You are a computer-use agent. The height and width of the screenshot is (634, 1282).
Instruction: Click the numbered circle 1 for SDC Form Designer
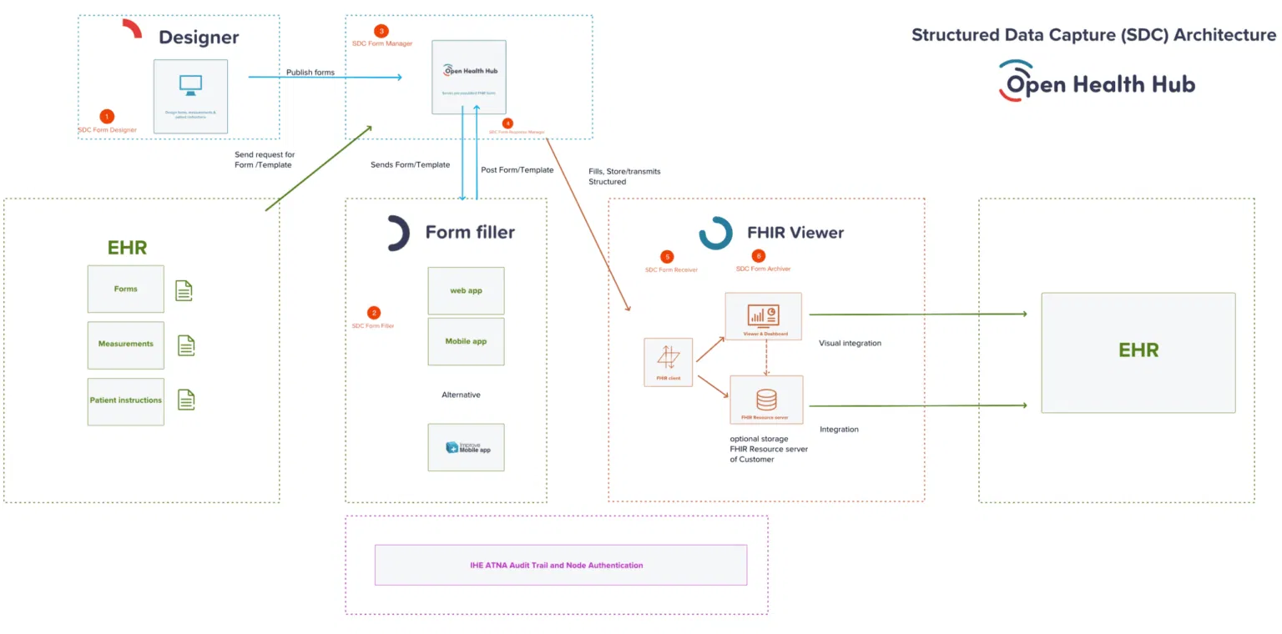pos(106,116)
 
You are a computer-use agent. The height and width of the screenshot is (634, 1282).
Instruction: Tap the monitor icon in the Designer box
pos(190,85)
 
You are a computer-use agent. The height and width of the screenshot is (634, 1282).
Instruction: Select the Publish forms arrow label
pos(310,73)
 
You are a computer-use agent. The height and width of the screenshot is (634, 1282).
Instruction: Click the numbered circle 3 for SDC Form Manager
pos(381,31)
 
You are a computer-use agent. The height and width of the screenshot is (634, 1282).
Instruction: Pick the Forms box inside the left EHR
pos(126,289)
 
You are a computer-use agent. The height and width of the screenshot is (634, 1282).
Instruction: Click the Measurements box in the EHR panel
pos(126,345)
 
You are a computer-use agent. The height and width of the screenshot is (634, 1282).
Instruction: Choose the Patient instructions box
pos(126,400)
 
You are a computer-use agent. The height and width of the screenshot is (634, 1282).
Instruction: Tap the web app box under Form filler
pos(466,290)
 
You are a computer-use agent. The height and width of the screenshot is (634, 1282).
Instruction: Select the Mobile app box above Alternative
pos(466,341)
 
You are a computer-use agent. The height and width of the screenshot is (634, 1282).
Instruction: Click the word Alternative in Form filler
pos(461,395)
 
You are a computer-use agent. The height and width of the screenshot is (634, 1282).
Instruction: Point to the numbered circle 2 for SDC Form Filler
pos(374,313)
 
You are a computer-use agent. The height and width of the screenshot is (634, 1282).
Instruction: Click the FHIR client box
pos(669,361)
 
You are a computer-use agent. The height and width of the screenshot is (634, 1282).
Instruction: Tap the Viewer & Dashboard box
pos(764,316)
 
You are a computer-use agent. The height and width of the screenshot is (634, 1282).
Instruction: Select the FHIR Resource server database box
pos(766,400)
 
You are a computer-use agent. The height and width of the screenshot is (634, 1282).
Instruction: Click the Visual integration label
pos(850,343)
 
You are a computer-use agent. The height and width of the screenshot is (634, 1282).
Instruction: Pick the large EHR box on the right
pos(1138,352)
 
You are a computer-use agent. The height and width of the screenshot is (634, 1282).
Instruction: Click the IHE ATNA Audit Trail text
pos(557,565)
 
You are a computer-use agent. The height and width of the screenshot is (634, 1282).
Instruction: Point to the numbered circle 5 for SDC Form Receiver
pos(666,257)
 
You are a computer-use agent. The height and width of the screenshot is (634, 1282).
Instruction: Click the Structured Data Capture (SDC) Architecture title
pos(1093,35)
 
